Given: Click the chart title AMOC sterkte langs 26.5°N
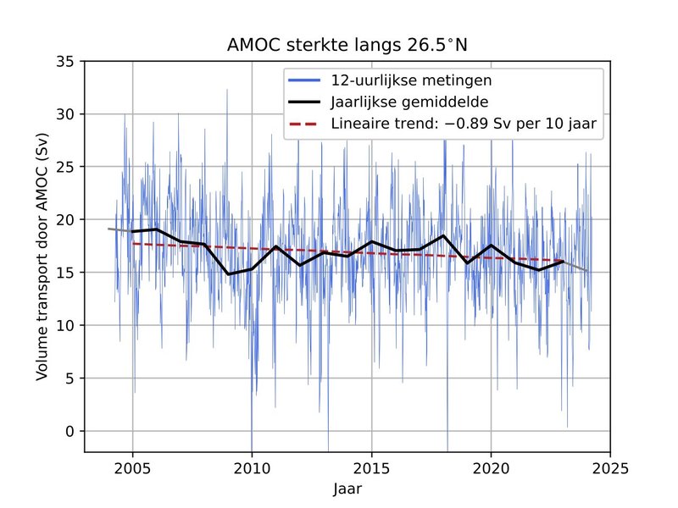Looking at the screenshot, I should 347,45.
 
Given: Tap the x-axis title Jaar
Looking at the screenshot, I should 347,489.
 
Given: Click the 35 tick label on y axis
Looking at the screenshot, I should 65,61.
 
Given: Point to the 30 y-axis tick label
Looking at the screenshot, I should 65,114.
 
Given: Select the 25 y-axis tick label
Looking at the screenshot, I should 65,167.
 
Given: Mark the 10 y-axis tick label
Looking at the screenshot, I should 65,325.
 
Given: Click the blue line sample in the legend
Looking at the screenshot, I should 306,81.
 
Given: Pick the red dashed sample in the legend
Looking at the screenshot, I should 306,124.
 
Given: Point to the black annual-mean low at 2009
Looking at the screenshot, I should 228,274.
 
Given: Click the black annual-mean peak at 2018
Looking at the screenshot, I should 443,235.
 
